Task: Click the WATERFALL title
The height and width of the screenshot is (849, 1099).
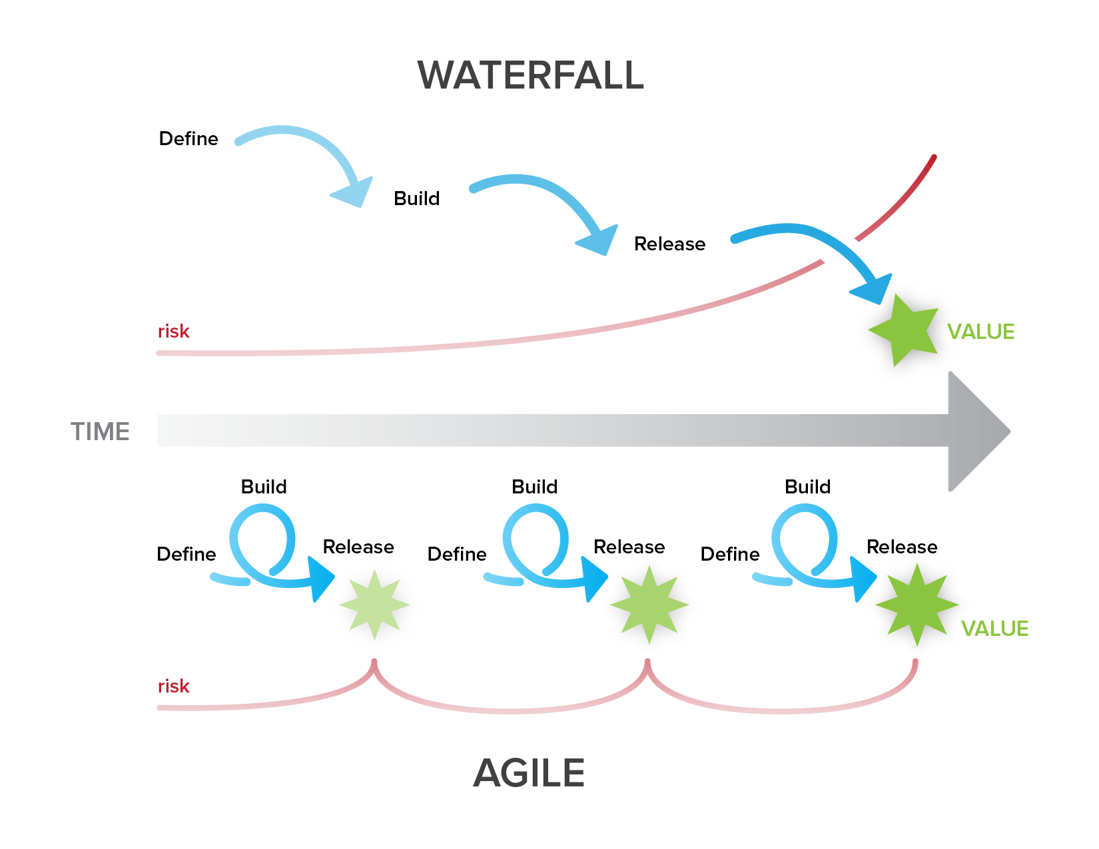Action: tap(531, 75)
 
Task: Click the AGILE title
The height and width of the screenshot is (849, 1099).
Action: tap(529, 773)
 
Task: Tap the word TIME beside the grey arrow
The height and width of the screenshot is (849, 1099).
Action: tap(100, 432)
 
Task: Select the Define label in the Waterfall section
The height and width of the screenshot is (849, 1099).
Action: tap(188, 139)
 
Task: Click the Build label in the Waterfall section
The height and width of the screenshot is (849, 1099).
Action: tap(416, 198)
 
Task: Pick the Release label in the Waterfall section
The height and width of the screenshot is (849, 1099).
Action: tap(669, 244)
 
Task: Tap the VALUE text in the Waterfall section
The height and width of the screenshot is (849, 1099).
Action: tap(980, 332)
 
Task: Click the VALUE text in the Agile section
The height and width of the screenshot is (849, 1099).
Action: tap(994, 629)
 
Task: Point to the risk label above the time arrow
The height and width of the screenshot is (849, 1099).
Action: tap(173, 331)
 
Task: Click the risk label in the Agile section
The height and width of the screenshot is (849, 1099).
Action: tap(173, 686)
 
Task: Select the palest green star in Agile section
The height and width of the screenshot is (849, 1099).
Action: tap(374, 605)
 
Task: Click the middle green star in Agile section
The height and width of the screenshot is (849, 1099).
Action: tap(649, 605)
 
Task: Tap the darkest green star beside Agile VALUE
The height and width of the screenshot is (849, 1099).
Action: tap(916, 605)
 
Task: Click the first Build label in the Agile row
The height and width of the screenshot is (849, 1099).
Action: tap(264, 487)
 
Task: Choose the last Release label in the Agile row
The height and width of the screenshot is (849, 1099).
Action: tap(902, 547)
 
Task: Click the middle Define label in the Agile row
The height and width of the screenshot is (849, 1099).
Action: tap(457, 554)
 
